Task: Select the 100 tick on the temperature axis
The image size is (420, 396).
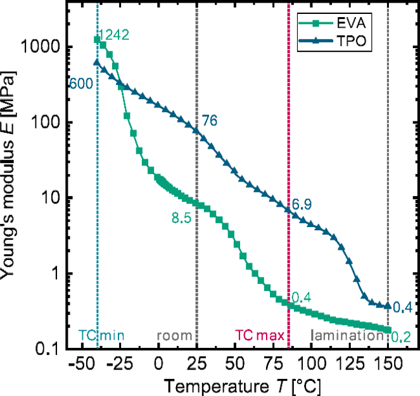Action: pyautogui.click(x=315, y=364)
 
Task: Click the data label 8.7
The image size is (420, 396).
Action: pyautogui.click(x=182, y=218)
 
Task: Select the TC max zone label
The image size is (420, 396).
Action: pyautogui.click(x=260, y=335)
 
